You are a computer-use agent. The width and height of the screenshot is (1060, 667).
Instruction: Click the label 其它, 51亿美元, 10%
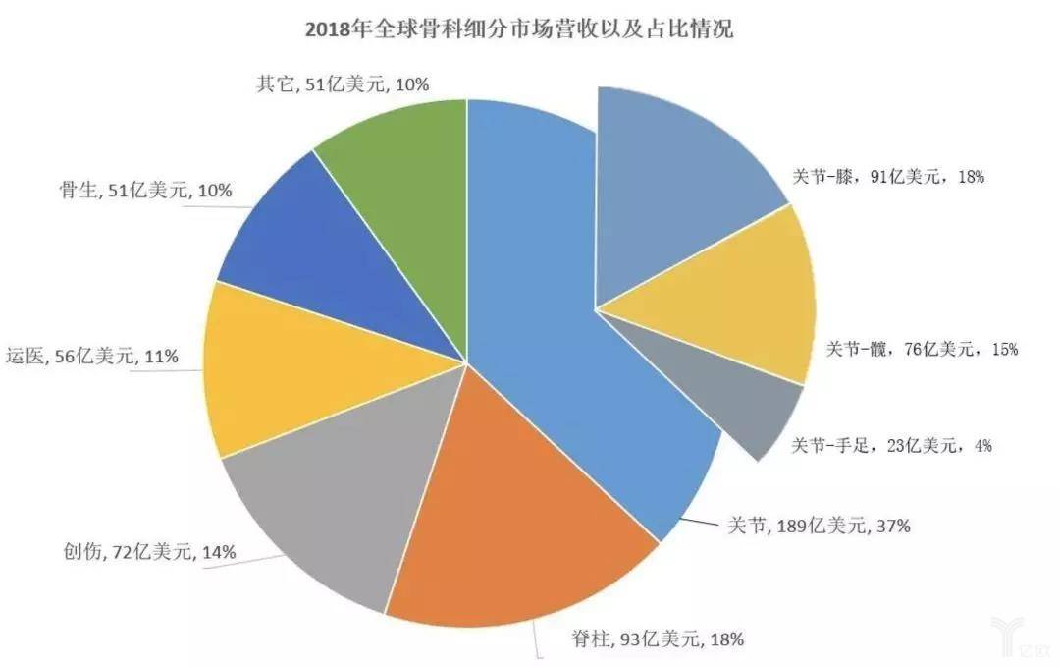point(343,84)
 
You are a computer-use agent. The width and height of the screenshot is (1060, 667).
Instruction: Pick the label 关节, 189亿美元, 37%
point(818,527)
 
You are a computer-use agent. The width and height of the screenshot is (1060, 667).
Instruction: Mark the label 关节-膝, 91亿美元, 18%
point(888,178)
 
